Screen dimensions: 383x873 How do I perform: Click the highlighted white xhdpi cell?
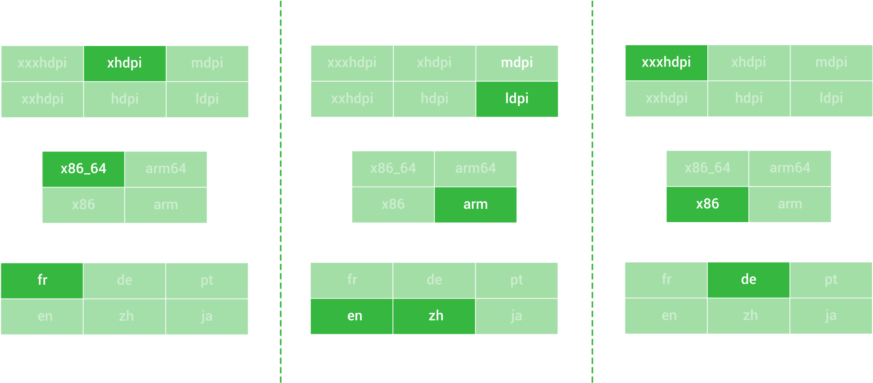[125, 63]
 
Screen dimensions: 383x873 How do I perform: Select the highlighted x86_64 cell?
[84, 169]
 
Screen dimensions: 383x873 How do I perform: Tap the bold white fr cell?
[42, 280]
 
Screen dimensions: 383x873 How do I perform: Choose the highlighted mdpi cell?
[517, 63]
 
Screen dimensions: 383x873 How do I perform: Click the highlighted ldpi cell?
[517, 99]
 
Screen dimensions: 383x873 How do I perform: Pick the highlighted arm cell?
[475, 205]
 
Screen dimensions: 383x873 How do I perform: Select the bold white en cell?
[355, 316]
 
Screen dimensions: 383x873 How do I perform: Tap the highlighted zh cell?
[435, 316]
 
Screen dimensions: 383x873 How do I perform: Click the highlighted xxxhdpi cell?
[666, 62]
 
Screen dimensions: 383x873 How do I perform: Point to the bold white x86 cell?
[707, 204]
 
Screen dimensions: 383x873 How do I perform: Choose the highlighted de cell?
[748, 280]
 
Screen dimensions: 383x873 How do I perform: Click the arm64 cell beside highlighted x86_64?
[166, 169]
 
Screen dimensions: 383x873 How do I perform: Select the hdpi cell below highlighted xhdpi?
[125, 99]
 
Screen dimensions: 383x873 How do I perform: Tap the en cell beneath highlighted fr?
[45, 316]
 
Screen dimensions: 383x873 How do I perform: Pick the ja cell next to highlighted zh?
[516, 316]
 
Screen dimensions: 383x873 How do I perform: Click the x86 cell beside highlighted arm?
[393, 205]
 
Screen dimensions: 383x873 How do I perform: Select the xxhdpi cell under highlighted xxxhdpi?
[666, 98]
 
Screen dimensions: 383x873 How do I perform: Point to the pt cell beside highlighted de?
[831, 280]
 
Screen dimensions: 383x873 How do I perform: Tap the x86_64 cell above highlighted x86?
[707, 168]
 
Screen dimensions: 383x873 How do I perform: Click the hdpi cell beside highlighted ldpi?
[434, 99]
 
